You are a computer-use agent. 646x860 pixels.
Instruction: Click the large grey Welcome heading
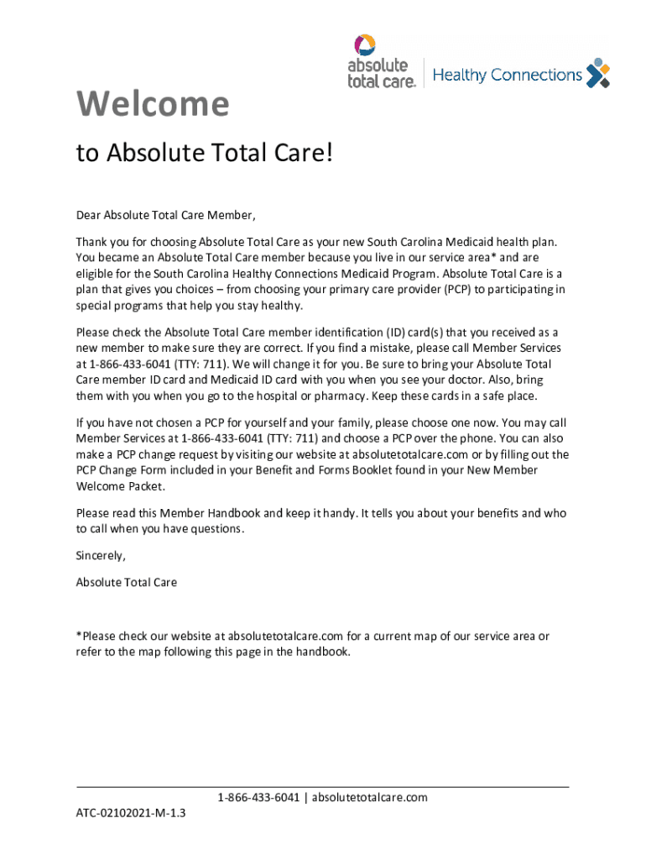152,104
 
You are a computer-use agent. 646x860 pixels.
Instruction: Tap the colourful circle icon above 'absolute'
365,45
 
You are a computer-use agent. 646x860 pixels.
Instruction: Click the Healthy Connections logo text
508,76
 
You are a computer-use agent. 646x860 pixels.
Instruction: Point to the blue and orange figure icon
597,73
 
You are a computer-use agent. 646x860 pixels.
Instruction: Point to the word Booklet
384,470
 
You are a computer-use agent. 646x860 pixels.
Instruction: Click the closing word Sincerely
101,555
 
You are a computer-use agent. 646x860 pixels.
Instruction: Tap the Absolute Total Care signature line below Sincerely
127,581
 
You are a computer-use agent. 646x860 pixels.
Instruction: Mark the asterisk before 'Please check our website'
79,636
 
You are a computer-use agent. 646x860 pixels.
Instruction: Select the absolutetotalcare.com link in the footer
369,797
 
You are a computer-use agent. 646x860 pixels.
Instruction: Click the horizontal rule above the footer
323,787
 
